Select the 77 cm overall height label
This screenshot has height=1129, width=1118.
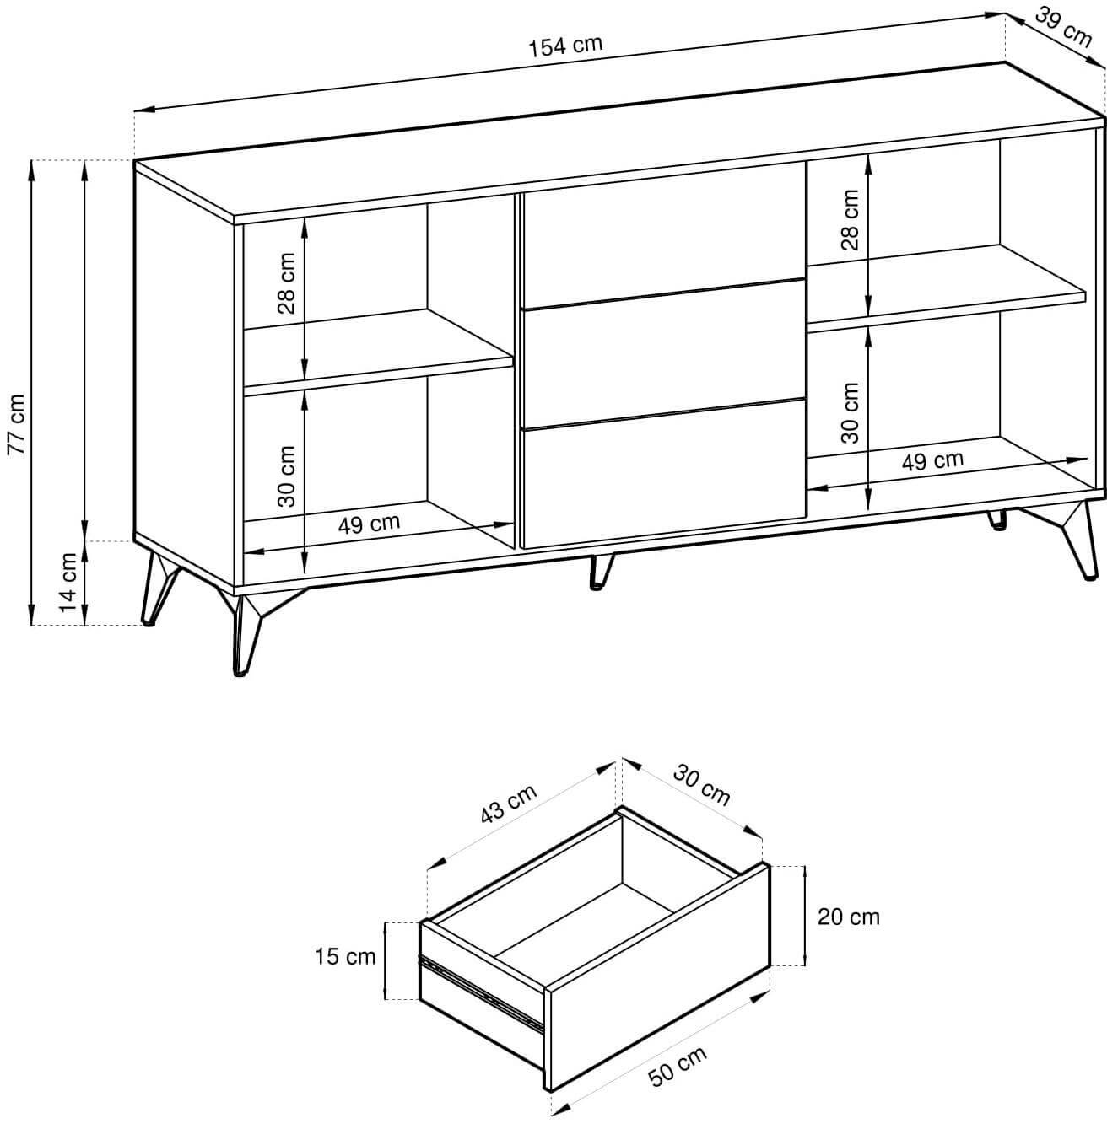pos(16,424)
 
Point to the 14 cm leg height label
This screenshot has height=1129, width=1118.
pos(69,582)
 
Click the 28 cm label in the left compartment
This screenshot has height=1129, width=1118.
pos(287,283)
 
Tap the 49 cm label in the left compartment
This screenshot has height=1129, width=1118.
pos(369,524)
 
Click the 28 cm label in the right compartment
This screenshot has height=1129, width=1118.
pos(850,220)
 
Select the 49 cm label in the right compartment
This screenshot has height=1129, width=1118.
pos(932,460)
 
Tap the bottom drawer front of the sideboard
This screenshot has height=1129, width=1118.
pos(663,475)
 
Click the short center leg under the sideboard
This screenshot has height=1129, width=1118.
pos(601,570)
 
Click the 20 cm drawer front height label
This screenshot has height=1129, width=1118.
pos(848,917)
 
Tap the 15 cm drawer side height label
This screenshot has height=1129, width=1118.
pos(345,957)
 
